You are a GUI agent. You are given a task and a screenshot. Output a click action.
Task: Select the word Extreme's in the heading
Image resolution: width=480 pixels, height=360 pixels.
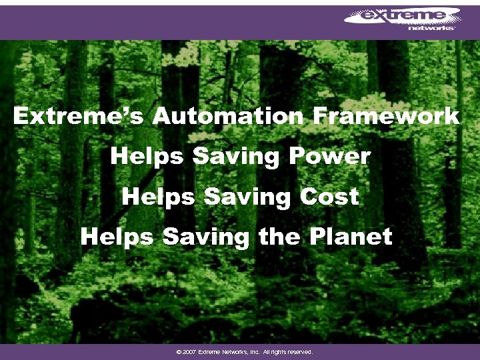[79, 117]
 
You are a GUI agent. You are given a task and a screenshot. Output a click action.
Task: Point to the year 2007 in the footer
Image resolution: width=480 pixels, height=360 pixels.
[187, 351]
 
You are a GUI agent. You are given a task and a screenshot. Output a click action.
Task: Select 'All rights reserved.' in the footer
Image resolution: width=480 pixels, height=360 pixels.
[287, 351]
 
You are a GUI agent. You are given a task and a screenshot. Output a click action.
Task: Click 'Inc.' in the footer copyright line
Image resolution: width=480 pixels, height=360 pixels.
[253, 351]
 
